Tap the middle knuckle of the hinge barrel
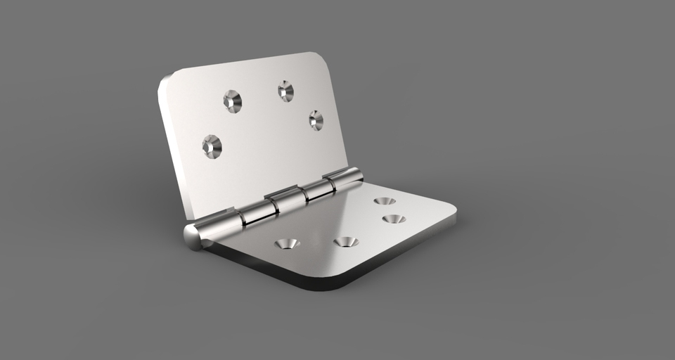(289, 200)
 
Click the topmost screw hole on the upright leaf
(285, 91)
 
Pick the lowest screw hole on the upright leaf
(212, 146)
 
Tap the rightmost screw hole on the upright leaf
(316, 120)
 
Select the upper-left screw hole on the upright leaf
(233, 101)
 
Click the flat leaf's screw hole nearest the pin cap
(287, 243)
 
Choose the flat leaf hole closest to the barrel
(384, 201)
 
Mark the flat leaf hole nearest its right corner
(394, 219)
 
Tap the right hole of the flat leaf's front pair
(345, 242)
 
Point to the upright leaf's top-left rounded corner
(169, 79)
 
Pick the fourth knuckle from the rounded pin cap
(320, 188)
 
